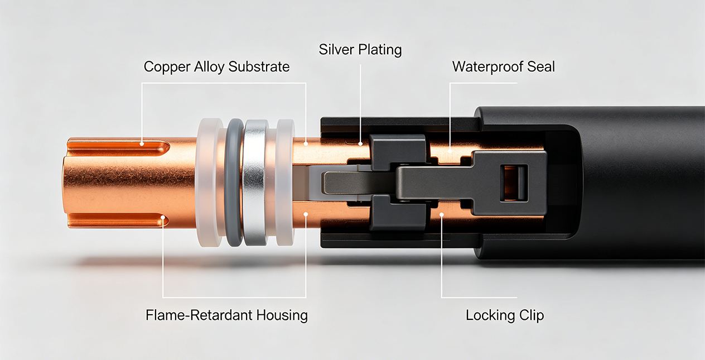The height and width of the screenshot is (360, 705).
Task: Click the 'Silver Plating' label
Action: tap(360, 50)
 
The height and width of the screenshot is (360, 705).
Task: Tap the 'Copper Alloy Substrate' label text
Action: tap(216, 67)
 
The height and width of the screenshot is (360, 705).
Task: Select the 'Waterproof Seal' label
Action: tap(504, 67)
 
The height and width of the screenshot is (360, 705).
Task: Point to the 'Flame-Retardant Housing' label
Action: tap(226, 315)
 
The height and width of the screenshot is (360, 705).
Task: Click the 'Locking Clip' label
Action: tap(505, 315)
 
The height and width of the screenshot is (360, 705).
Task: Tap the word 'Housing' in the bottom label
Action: tap(282, 315)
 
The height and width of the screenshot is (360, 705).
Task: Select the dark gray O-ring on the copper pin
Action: tap(234, 183)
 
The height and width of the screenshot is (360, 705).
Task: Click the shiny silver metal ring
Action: tap(255, 183)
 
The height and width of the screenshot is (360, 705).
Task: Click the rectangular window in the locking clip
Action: tap(514, 183)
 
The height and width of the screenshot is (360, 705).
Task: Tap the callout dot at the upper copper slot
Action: tap(142, 144)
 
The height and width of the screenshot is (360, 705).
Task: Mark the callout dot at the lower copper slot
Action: tap(163, 217)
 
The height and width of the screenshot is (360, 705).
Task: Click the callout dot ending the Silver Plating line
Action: tap(361, 143)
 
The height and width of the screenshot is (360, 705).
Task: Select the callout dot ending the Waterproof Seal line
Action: tap(450, 151)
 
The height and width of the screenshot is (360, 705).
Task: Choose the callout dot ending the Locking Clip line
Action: tap(442, 215)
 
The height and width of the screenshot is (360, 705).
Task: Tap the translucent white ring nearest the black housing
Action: tap(284, 183)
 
